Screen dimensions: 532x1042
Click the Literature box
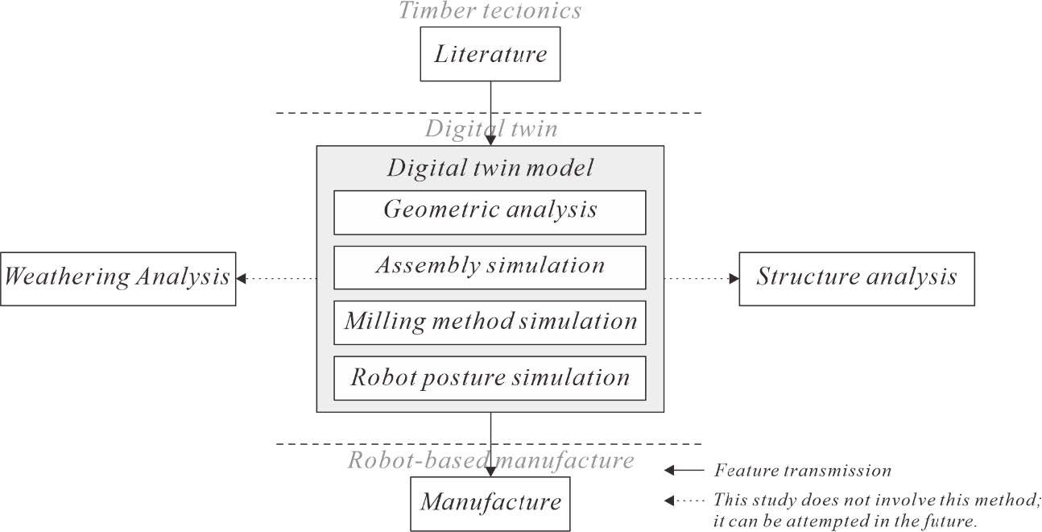coord(490,55)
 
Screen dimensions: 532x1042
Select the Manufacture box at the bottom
coord(490,503)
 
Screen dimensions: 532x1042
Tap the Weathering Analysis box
coord(118,278)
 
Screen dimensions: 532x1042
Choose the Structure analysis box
coord(856,278)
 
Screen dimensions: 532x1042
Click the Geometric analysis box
coord(490,211)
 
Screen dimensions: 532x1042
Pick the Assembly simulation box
coord(490,267)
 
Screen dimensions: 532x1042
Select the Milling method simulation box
coord(490,322)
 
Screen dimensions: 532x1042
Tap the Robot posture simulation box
coord(490,377)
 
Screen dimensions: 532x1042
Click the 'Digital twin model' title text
coord(490,168)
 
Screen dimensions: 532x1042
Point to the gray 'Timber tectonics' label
coord(490,10)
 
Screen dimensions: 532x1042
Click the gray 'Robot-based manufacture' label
coord(490,460)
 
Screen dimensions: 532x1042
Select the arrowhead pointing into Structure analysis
coord(734,278)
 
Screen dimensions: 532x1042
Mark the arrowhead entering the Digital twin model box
coord(490,140)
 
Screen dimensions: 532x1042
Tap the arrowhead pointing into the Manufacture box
coord(490,471)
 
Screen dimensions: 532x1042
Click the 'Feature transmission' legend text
coord(802,471)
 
